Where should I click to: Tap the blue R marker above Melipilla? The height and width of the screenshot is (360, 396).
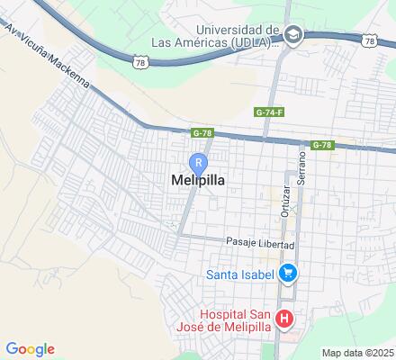[198, 162]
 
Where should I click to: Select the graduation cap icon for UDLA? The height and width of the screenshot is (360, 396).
[292, 35]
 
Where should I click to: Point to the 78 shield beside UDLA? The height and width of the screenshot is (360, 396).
[370, 40]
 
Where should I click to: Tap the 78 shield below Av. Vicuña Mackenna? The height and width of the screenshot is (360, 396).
[139, 61]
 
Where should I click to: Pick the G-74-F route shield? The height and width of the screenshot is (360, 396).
[269, 112]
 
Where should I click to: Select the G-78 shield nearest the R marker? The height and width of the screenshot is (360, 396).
[202, 133]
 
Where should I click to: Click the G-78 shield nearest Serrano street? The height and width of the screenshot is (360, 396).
[323, 145]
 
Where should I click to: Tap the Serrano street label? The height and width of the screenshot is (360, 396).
[303, 166]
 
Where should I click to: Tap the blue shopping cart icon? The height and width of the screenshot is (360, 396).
[288, 272]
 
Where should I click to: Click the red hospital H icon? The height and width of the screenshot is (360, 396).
[284, 319]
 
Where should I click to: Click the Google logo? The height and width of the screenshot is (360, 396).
[30, 349]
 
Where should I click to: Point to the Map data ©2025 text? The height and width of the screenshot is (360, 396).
[358, 352]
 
